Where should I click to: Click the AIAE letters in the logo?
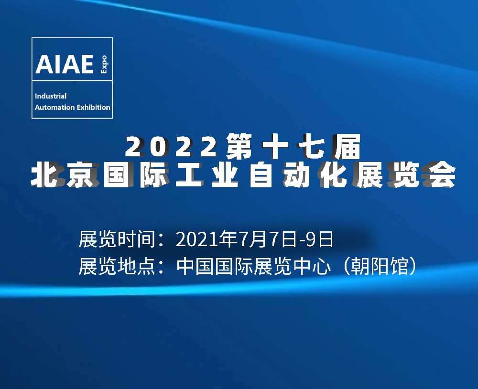click(x=65, y=64)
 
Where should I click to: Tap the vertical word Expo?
click(x=104, y=64)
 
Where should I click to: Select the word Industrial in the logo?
click(x=51, y=96)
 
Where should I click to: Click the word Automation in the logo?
click(x=55, y=108)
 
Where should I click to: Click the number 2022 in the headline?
click(x=171, y=147)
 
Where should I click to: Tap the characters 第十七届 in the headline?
click(x=293, y=147)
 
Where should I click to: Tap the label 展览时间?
click(x=118, y=239)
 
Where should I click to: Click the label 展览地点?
click(x=118, y=266)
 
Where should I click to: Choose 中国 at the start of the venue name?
click(x=196, y=266)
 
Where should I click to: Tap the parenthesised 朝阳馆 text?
click(x=380, y=266)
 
